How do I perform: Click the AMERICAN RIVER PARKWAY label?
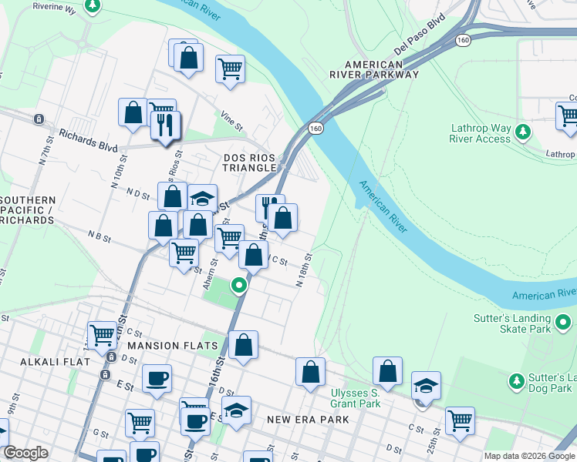[374, 69]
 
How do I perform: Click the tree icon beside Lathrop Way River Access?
[523, 132]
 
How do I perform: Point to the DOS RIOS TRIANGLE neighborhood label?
[249, 162]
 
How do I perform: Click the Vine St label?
[231, 119]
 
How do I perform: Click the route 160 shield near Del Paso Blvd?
[462, 38]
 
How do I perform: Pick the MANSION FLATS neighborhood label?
[173, 346]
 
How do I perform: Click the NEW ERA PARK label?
[308, 420]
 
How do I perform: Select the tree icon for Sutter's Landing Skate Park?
[564, 323]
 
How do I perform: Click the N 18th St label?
[305, 269]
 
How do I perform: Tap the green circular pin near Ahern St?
[239, 286]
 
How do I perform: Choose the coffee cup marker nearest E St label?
[157, 378]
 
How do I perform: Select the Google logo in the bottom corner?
[25, 453]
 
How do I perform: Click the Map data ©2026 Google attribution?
[529, 456]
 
